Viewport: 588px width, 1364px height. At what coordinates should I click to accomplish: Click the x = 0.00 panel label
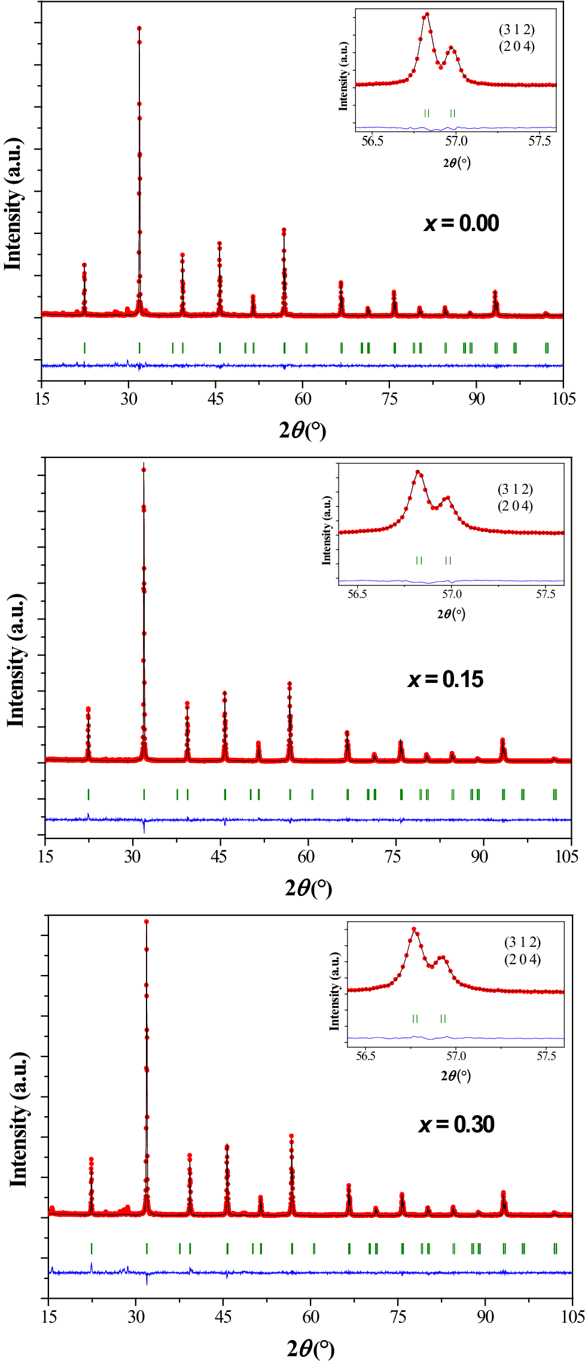click(461, 223)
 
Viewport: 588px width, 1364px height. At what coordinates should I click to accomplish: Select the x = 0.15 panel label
click(446, 679)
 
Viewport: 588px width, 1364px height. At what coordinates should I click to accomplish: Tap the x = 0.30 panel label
click(456, 1125)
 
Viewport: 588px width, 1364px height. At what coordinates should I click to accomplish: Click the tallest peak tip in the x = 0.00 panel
click(139, 28)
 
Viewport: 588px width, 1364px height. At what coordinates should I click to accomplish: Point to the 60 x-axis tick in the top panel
click(303, 399)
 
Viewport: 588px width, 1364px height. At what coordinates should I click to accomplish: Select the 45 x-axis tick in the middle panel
click(220, 856)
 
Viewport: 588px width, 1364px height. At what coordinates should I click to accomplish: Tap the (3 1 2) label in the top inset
click(517, 30)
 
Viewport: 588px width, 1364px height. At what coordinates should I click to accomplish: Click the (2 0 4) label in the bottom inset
click(522, 959)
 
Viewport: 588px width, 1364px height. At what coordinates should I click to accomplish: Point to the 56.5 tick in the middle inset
click(357, 594)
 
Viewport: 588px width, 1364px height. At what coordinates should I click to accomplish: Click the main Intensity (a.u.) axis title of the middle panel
click(16, 661)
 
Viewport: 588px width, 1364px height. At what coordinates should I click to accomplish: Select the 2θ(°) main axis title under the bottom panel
click(310, 1348)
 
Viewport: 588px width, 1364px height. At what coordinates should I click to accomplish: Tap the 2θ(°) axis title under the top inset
click(456, 162)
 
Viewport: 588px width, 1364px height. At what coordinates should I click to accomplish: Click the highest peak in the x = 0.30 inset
click(414, 929)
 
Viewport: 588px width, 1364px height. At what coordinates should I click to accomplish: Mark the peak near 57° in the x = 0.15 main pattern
click(290, 683)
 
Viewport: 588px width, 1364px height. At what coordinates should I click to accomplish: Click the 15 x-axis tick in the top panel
click(42, 399)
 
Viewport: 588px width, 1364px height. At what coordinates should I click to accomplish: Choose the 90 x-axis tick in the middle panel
click(480, 856)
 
